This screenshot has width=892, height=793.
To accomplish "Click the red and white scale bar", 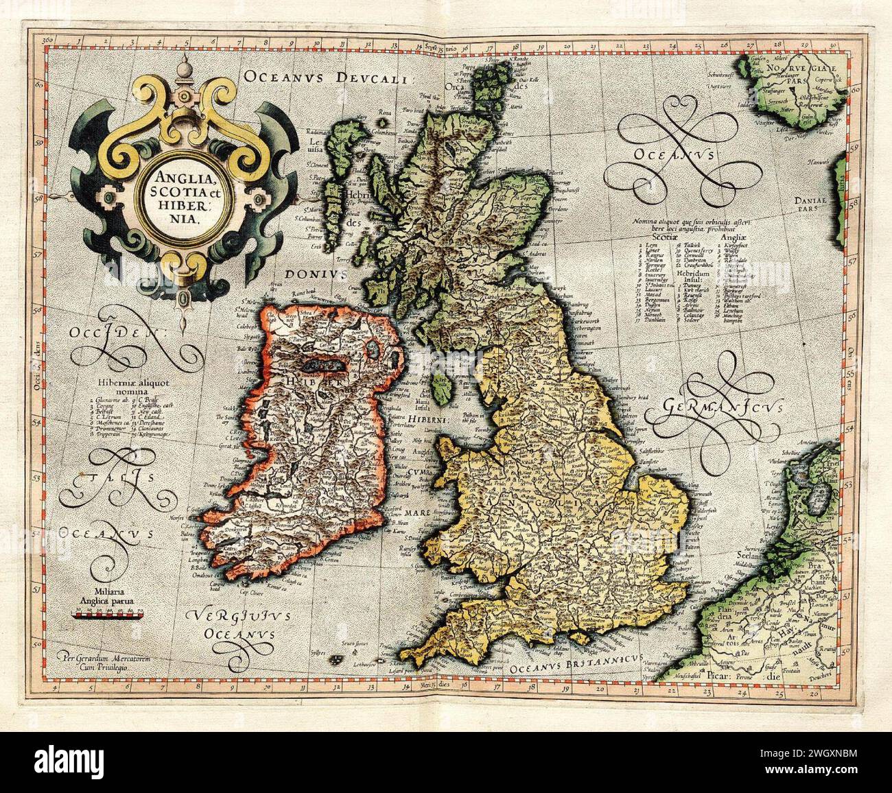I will [107, 615].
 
